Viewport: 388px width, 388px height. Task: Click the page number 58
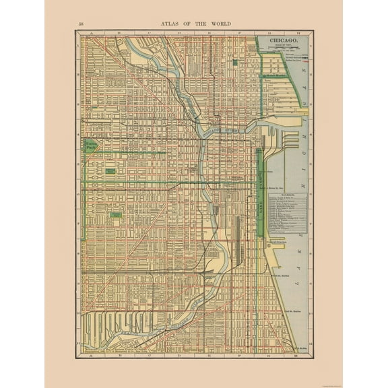tap(82, 24)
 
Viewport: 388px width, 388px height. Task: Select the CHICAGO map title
tap(284, 40)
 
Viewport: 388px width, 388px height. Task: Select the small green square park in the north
tap(234, 62)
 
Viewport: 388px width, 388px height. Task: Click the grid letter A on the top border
tap(82, 32)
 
